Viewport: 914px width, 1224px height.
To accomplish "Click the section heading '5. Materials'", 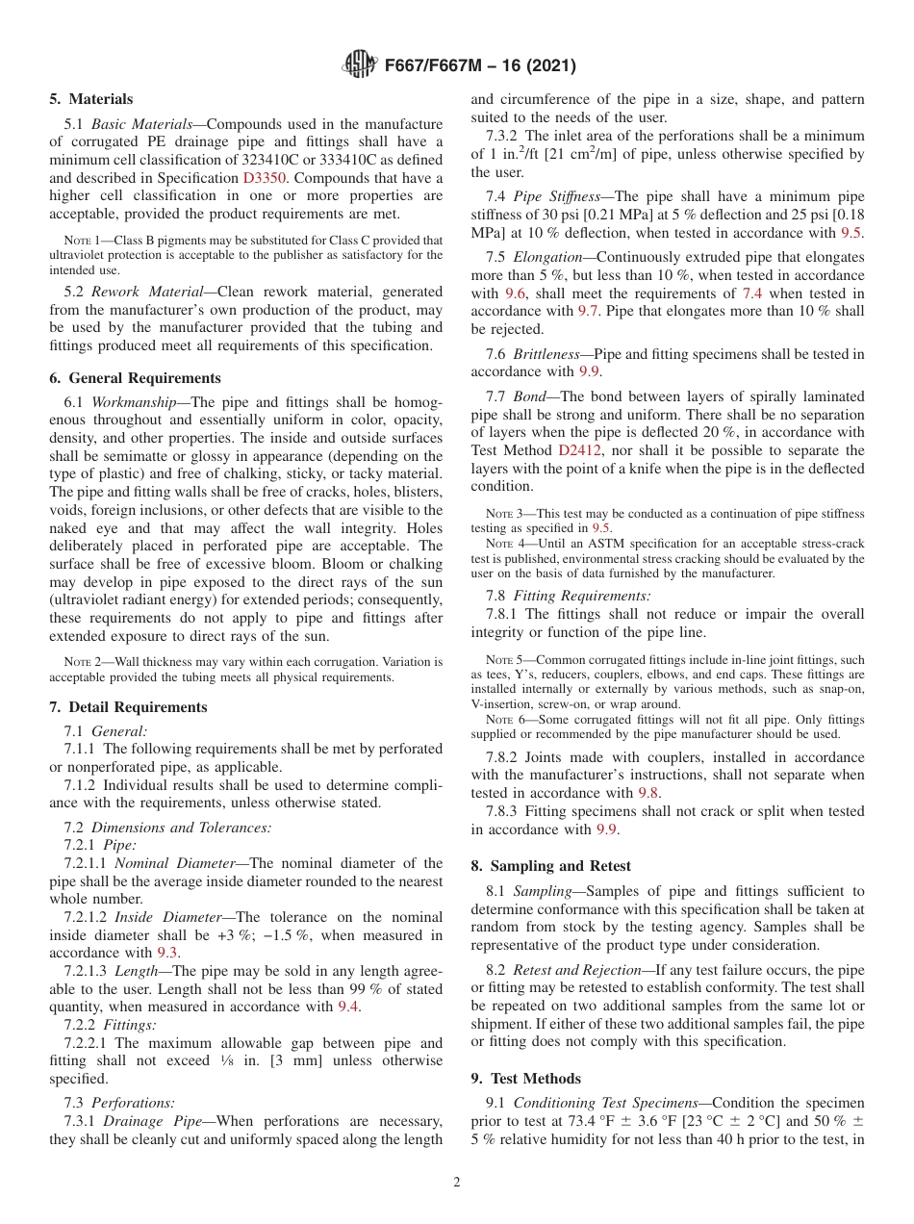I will [x=91, y=99].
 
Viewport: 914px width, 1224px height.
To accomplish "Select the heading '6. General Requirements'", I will [x=136, y=378].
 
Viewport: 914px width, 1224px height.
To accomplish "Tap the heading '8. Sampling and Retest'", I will [x=550, y=866].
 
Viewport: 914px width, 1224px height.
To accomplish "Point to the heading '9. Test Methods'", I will [x=525, y=1079].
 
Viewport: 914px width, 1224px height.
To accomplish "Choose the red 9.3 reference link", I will [x=167, y=953].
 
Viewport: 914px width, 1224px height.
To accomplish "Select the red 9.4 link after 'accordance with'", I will [x=348, y=1007].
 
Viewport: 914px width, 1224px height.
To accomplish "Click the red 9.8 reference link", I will [x=649, y=793].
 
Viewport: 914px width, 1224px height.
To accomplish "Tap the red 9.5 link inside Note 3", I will [x=601, y=528].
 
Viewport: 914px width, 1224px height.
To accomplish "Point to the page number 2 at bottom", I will [x=457, y=1183].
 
